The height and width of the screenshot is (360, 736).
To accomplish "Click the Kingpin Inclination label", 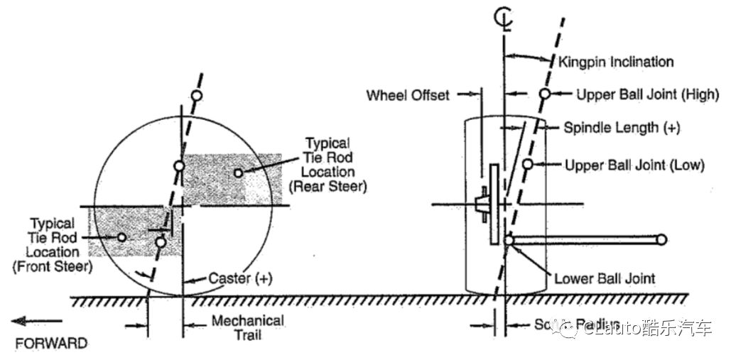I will pyautogui.click(x=616, y=62).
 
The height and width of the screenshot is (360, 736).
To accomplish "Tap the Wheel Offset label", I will pyautogui.click(x=408, y=95).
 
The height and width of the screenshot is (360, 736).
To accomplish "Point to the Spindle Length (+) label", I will pyautogui.click(x=622, y=129).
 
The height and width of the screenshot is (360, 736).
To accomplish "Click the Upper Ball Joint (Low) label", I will pyautogui.click(x=634, y=165).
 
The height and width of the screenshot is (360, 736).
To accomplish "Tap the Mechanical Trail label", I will pyautogui.click(x=247, y=327).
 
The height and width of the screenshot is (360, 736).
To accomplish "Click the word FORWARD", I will pyautogui.click(x=51, y=344).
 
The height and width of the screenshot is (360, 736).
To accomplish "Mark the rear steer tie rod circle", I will pyautogui.click(x=239, y=173).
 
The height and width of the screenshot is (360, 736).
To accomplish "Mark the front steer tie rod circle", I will pyautogui.click(x=122, y=237).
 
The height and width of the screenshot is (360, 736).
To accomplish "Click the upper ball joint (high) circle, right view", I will pyautogui.click(x=545, y=94).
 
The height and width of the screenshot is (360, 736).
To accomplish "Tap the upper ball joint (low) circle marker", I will pyautogui.click(x=527, y=165).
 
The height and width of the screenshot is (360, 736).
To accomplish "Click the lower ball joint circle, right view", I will pyautogui.click(x=509, y=240).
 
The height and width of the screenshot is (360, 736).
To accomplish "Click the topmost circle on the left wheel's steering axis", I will pyautogui.click(x=197, y=96).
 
